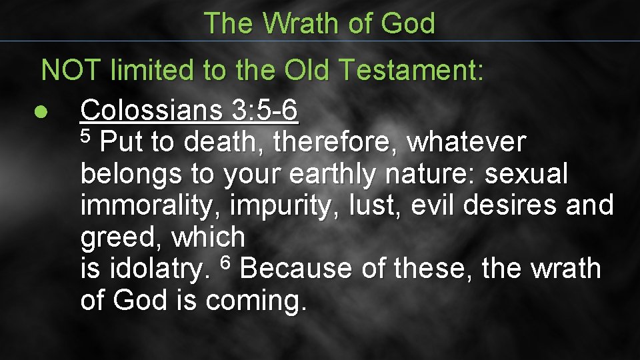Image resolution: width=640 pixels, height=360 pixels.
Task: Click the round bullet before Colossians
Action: (x=41, y=113)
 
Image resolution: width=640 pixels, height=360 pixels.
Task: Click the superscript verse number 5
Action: (x=85, y=135)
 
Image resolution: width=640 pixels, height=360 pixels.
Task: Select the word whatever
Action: (x=466, y=142)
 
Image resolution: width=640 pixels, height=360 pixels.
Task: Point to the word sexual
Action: (x=526, y=174)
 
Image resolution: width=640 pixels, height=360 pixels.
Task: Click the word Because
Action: (x=295, y=269)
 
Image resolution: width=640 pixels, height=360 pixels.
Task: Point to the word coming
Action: (x=257, y=301)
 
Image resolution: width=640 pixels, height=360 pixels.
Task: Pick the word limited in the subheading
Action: (x=153, y=70)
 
